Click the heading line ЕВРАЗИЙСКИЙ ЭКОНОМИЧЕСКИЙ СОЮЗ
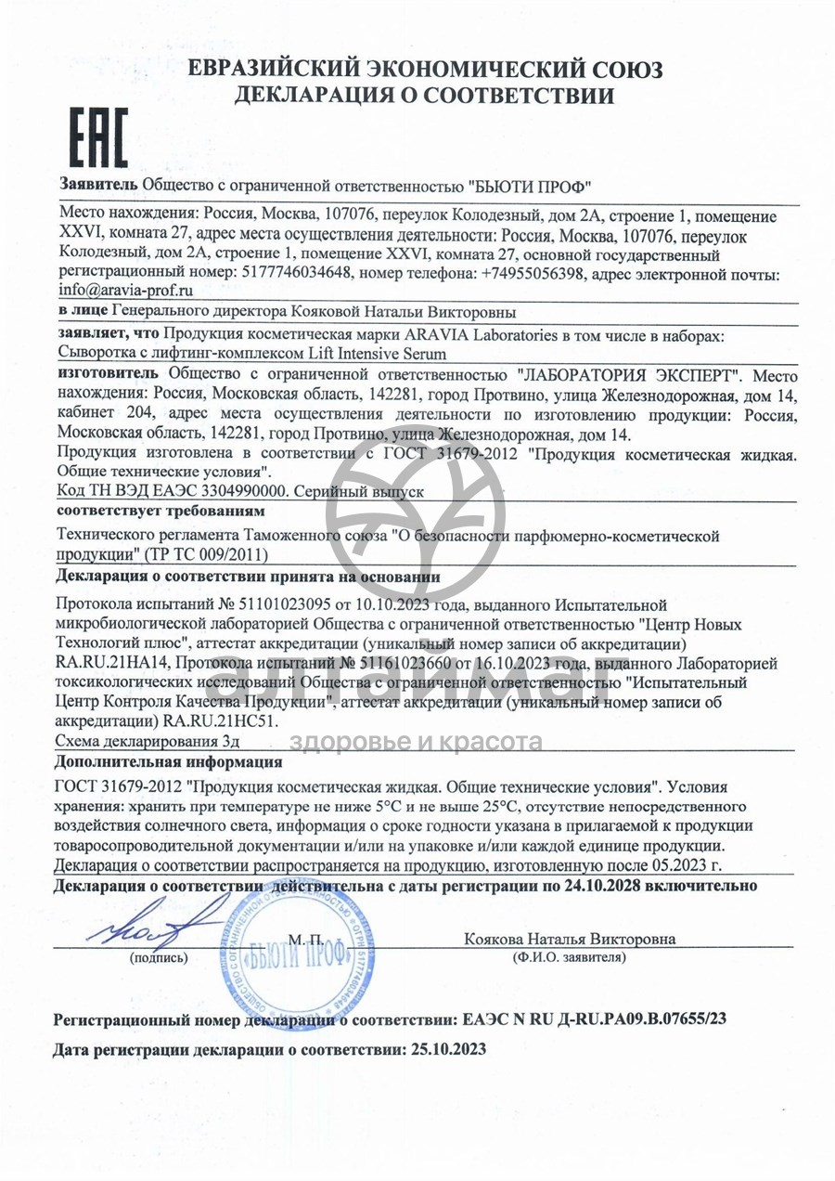point(425,71)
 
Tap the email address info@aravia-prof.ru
point(125,291)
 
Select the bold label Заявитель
point(99,183)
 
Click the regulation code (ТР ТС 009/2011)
point(206,554)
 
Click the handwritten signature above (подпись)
point(158,923)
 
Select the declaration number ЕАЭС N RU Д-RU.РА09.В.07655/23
point(593,1019)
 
